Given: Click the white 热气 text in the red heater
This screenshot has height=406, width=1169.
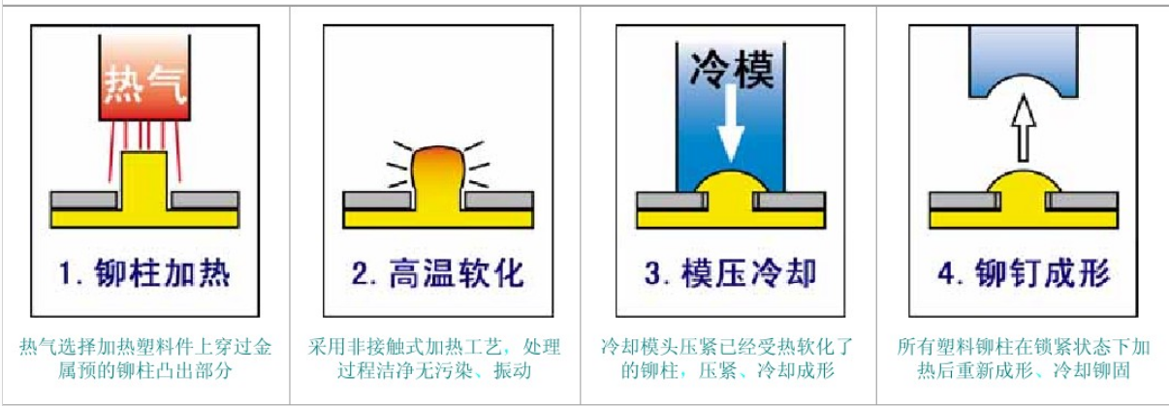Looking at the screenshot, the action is point(144,84).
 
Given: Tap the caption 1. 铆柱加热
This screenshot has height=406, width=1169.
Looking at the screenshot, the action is point(144,273).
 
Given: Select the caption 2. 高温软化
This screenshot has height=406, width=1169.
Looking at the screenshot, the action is point(437,273).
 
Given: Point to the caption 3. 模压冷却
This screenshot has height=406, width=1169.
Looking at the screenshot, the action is point(730,273).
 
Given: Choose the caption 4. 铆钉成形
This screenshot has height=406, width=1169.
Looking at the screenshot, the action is point(1024,273).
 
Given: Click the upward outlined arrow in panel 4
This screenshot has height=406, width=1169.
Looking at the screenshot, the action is point(1024,128).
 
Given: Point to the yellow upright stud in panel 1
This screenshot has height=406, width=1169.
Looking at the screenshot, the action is point(144,180).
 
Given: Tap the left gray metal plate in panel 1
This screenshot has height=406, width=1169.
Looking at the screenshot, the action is point(83,200).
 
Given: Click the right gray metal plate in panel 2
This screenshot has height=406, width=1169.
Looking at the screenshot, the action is point(498,201).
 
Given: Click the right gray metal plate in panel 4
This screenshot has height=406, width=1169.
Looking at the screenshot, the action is point(1083,201).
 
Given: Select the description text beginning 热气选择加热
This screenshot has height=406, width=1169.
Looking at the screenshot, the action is point(144,358).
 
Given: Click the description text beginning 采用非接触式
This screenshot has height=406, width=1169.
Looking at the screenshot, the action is point(434,358).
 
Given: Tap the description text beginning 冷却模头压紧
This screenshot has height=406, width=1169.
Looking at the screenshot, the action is point(727,358).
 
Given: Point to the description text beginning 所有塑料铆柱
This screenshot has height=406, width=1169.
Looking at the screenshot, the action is point(1024,358).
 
